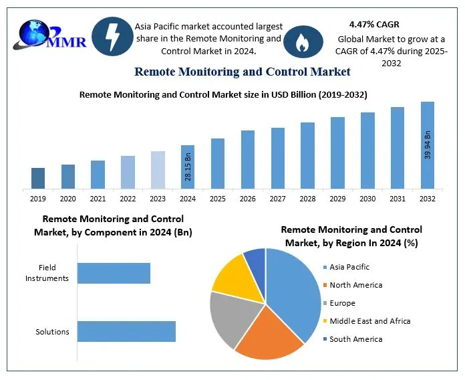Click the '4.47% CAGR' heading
375,24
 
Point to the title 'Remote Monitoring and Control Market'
242,71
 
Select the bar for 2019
38,178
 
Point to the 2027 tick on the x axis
278,199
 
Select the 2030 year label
367,199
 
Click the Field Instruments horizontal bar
114,273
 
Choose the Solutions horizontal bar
126,331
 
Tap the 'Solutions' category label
52,332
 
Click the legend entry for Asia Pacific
349,267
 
